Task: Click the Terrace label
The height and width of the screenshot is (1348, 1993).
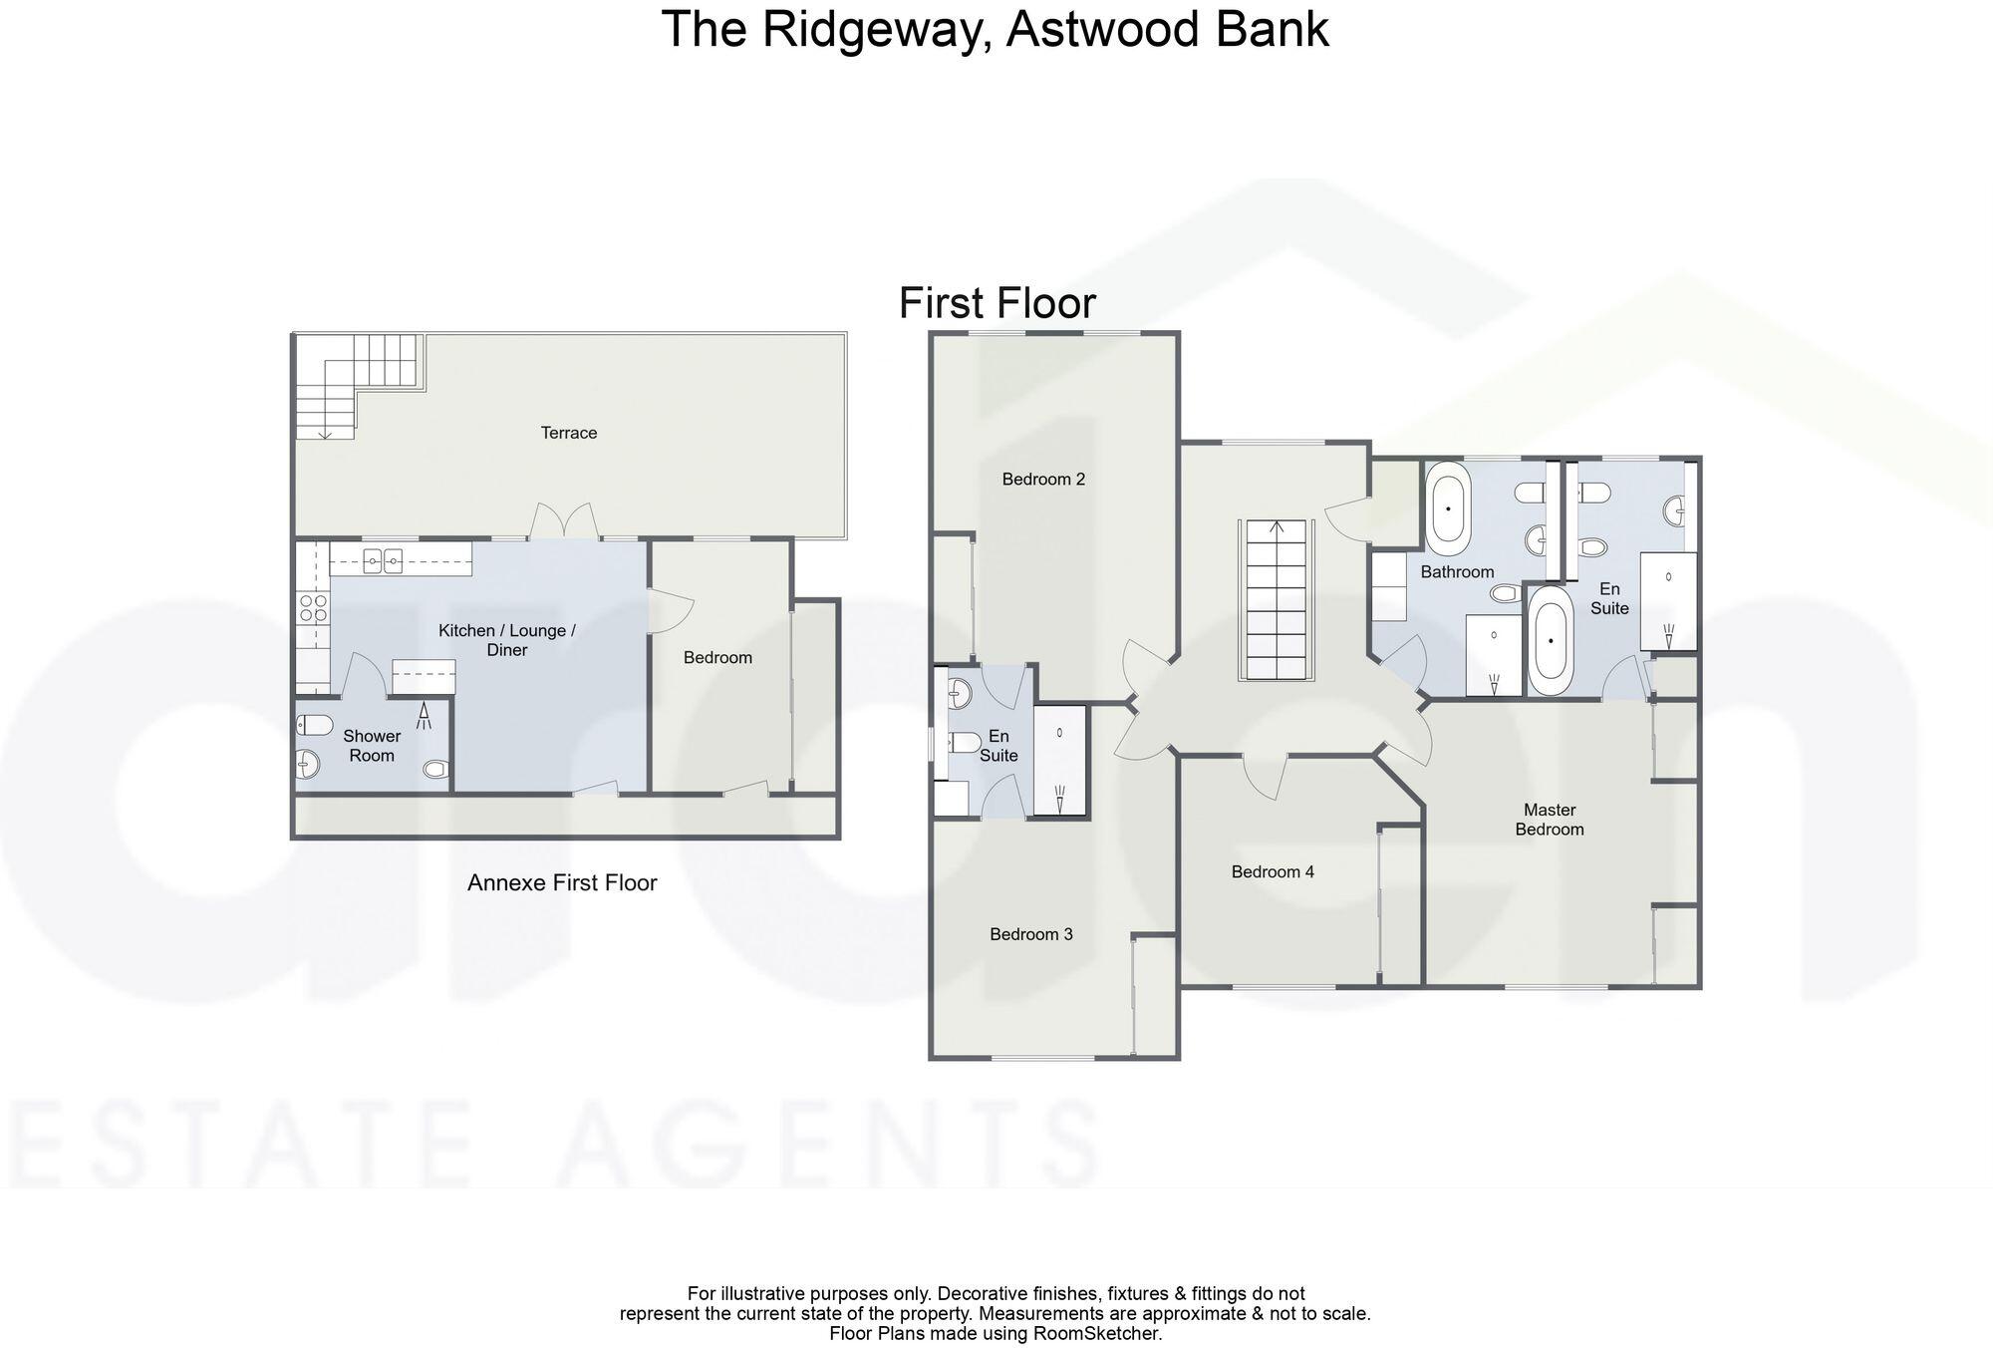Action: [568, 433]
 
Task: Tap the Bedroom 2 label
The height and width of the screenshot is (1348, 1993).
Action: [1043, 479]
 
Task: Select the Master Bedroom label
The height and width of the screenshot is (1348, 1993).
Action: [1549, 820]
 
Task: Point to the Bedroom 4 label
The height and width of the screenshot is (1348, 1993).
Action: [1273, 871]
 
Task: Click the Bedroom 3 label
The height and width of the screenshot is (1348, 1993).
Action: [1030, 934]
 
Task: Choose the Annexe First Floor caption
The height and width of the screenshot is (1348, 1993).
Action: [562, 882]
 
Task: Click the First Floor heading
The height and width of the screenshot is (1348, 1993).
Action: [996, 303]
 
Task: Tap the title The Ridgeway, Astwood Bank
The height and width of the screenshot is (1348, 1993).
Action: [995, 29]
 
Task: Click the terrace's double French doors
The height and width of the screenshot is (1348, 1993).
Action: [564, 522]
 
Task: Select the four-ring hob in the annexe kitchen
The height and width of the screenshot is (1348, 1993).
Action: [313, 607]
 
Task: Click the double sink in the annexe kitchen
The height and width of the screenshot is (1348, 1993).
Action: [383, 562]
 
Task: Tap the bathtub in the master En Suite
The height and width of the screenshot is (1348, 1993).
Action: [1550, 641]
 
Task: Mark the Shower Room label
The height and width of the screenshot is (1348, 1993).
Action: [372, 746]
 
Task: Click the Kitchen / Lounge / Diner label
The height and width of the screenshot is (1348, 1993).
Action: [507, 640]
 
